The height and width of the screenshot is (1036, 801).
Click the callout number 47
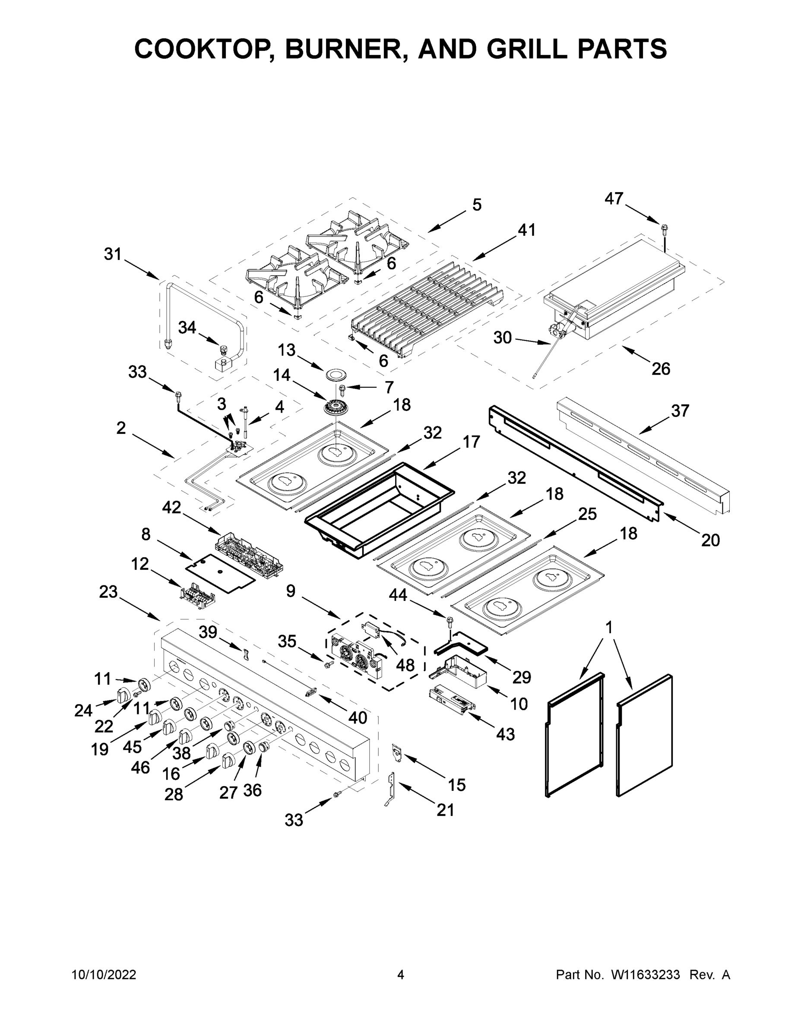(x=614, y=199)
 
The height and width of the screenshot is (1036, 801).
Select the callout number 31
(x=113, y=254)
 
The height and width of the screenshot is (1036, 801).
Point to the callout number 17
(x=471, y=442)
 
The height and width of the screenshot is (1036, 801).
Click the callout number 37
(x=680, y=411)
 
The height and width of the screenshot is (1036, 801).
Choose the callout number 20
(x=710, y=540)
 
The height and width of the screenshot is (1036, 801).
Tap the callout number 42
(x=171, y=508)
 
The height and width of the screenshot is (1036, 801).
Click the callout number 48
(x=405, y=665)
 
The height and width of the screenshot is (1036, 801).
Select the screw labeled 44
(x=448, y=619)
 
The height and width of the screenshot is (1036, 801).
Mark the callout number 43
(x=505, y=734)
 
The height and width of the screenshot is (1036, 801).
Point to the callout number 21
(x=445, y=810)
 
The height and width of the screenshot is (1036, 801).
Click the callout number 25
(x=587, y=514)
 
